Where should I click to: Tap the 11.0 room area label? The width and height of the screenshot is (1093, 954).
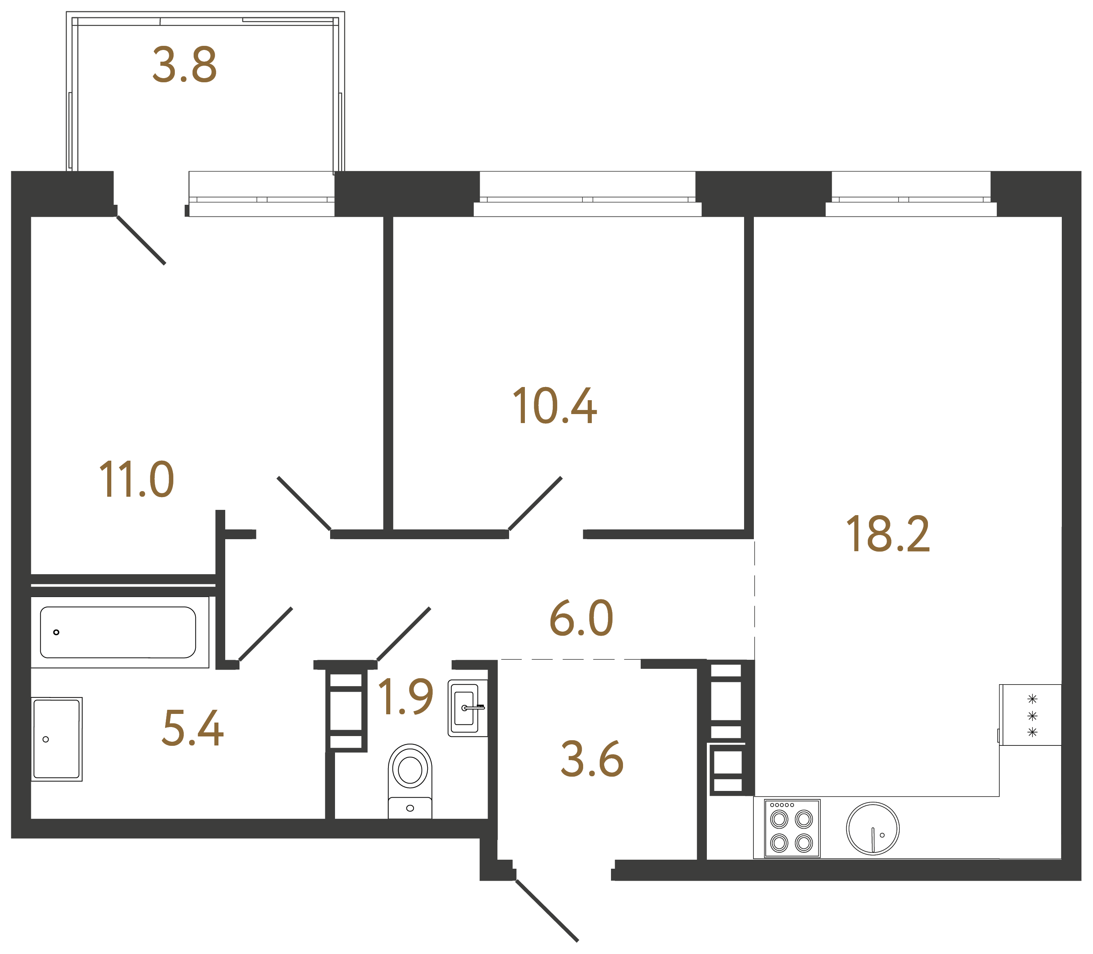coord(136,480)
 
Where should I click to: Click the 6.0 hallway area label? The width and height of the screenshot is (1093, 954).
coord(581,618)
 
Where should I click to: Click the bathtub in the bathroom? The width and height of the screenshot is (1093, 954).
coord(118,632)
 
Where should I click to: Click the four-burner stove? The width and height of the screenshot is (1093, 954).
coord(791,829)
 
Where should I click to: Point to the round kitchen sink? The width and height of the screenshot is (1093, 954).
coord(872,829)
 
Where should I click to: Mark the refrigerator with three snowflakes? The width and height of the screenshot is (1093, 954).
coord(1030,715)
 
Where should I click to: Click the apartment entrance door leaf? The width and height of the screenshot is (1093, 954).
coord(547,910)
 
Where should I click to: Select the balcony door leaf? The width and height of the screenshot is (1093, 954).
coord(141,240)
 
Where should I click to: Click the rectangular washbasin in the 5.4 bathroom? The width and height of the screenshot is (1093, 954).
coord(56,739)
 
